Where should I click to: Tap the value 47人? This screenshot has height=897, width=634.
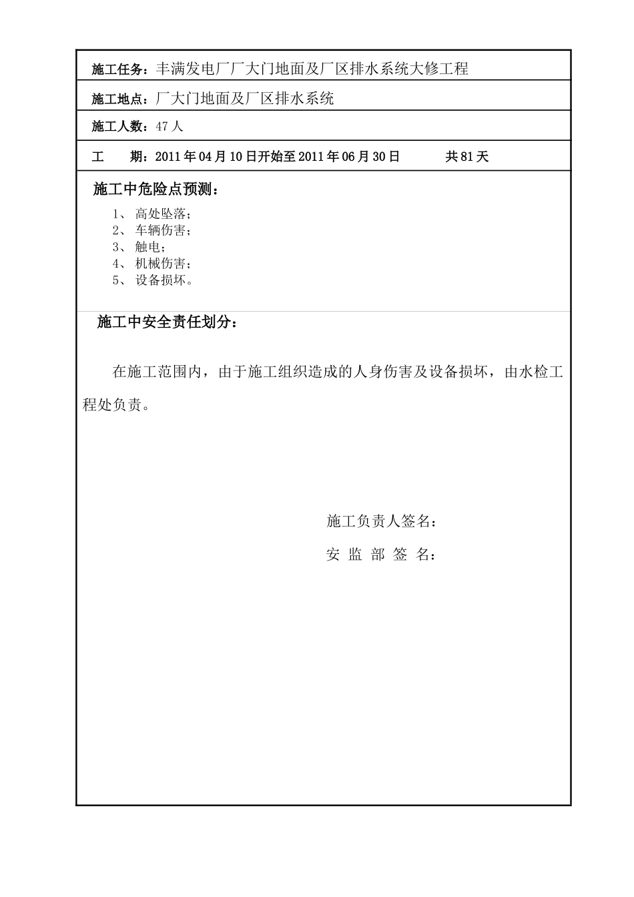point(169,127)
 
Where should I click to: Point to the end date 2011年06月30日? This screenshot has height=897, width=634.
point(349,158)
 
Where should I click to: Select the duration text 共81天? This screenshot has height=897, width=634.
point(467,158)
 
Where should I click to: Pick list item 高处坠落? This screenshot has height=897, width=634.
point(161,214)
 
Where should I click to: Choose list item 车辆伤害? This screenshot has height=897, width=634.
point(161,231)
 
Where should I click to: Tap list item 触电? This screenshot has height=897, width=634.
point(148,248)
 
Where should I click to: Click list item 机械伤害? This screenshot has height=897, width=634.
point(161,264)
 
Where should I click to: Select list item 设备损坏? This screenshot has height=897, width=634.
point(161,281)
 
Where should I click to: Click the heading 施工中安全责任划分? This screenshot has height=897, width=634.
point(167,323)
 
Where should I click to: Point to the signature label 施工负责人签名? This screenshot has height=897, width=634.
point(381,522)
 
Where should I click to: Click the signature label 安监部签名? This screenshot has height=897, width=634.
point(381,555)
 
